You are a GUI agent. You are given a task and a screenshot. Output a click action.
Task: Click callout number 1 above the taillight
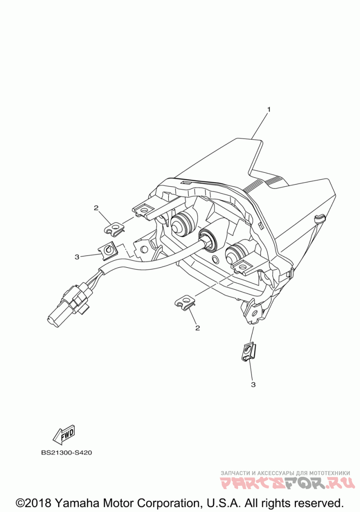269,109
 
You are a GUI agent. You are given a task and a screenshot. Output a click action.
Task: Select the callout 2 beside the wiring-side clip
96,208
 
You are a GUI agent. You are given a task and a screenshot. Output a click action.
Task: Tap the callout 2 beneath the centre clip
197,328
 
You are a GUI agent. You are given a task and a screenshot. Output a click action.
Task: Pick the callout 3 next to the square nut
77,256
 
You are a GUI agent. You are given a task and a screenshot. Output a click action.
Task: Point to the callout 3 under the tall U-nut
253,385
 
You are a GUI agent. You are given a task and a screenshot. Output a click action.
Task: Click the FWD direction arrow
64,434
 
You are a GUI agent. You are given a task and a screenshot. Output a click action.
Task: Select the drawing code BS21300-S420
67,453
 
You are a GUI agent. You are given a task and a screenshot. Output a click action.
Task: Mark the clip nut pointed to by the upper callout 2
116,229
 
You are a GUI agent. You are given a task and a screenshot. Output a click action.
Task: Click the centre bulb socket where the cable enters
208,238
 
